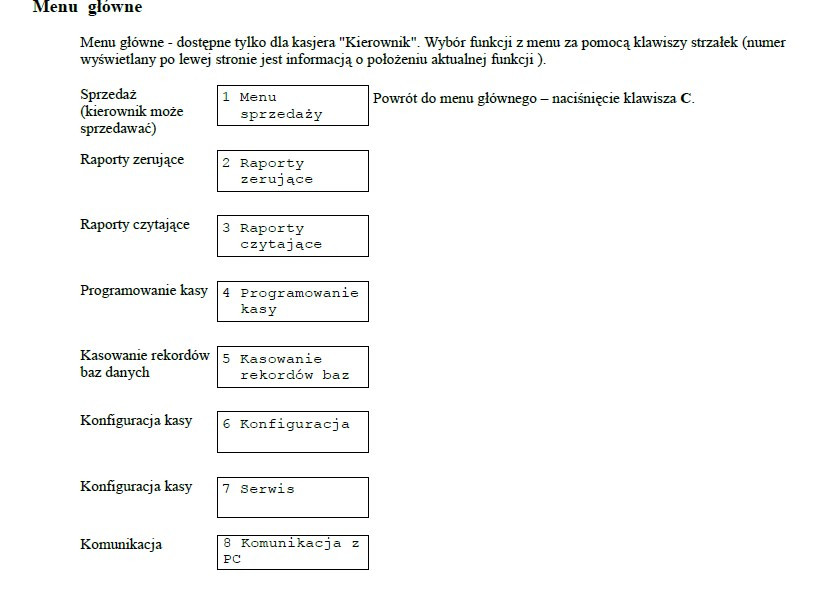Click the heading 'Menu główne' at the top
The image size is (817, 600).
pos(88,8)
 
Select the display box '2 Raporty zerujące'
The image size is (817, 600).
pos(292,171)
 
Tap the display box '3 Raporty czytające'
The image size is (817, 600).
pos(292,236)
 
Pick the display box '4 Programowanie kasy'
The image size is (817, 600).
pos(292,301)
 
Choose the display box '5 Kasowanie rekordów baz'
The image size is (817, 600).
pos(292,367)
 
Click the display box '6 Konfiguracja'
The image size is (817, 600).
pos(292,432)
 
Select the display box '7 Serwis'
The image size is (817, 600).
pos(292,497)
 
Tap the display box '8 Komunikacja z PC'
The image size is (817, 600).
pos(292,552)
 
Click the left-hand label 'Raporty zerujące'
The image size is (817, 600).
pos(132,160)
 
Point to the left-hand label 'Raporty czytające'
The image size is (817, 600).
pos(134,225)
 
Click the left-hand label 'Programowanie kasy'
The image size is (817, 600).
pos(144,291)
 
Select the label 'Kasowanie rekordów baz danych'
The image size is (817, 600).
pos(144,364)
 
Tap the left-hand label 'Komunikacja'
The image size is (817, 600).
pos(120,545)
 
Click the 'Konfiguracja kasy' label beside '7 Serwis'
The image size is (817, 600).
pos(136,487)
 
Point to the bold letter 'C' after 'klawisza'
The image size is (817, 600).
pos(686,99)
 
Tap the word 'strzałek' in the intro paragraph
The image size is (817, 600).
pos(702,44)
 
